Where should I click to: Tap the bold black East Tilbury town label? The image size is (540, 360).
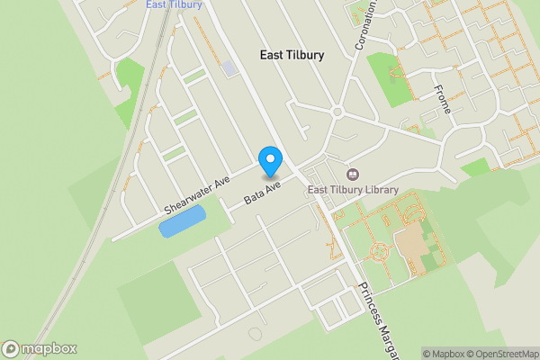(x=292, y=55)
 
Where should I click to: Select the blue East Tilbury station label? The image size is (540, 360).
(x=174, y=4)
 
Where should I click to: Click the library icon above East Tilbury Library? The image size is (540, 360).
(x=352, y=174)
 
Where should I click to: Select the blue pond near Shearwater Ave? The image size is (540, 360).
(x=182, y=220)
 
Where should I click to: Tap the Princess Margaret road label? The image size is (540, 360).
(x=378, y=319)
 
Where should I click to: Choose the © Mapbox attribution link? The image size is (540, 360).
(x=444, y=354)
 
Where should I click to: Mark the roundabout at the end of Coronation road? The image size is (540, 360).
(x=337, y=112)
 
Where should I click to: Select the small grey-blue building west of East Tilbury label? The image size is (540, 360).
(x=230, y=67)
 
